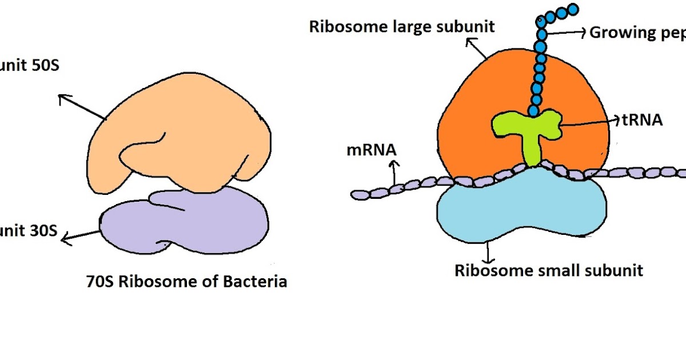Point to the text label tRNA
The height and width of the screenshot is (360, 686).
point(641,120)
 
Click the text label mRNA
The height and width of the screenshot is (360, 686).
point(372,151)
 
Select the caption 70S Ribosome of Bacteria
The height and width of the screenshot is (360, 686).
point(186,282)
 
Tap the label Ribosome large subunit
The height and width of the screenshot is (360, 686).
point(402,26)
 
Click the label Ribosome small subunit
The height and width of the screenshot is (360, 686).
point(549,270)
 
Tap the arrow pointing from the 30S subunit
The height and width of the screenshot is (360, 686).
point(80,235)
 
